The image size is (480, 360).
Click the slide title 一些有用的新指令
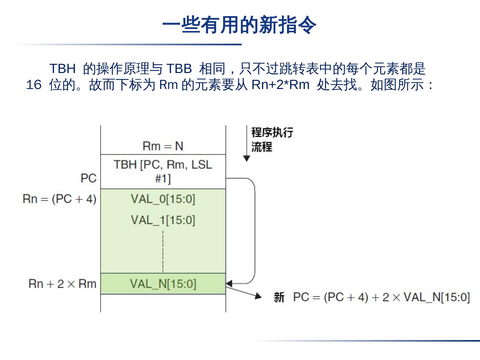[239, 25]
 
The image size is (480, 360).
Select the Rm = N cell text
[163, 146]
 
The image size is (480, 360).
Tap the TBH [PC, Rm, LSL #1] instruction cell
[163, 172]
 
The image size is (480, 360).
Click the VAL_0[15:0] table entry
[163, 199]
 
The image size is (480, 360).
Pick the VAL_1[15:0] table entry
[163, 220]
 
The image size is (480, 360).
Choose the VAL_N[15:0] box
[163, 284]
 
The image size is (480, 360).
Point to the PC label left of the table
[88, 178]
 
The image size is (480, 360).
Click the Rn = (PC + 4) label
[60, 199]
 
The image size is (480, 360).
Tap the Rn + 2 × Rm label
[62, 284]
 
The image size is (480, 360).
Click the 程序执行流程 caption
[272, 139]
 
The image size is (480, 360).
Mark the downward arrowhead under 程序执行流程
[247, 158]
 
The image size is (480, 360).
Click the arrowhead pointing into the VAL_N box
[229, 284]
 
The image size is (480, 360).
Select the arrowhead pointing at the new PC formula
[258, 296]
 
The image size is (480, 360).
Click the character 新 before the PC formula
[279, 297]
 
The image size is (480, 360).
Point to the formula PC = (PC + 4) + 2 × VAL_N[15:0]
[381, 297]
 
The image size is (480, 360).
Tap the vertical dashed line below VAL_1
[163, 252]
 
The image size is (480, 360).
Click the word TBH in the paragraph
[62, 69]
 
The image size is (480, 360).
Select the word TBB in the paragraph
[179, 69]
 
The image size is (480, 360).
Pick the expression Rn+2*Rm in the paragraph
[280, 85]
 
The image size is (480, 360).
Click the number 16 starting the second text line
[33, 85]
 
